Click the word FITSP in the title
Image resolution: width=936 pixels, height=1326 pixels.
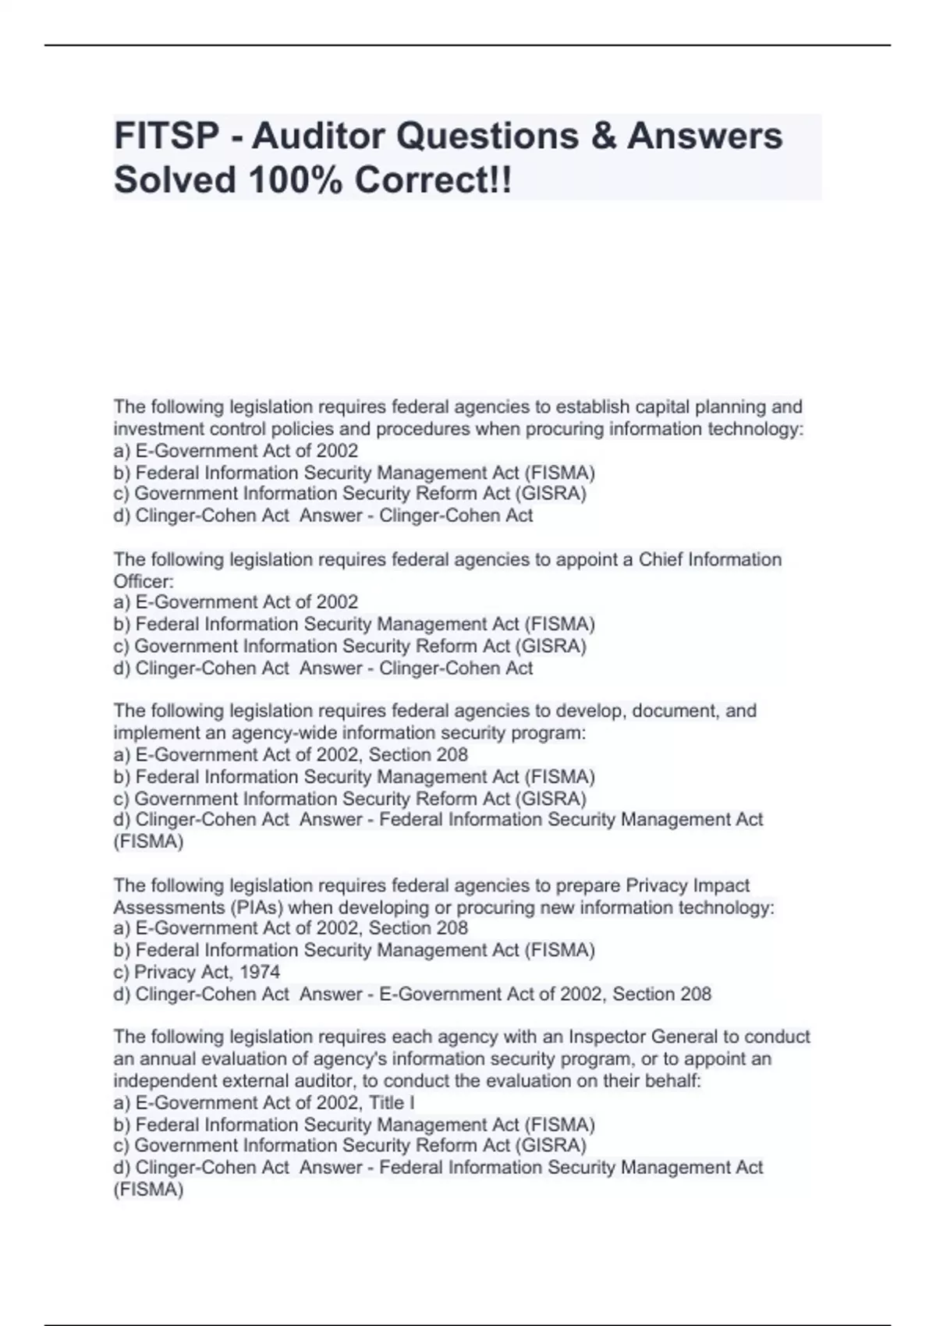click(167, 136)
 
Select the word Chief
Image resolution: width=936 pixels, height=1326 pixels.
click(661, 559)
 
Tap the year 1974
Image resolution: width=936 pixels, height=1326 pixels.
click(260, 972)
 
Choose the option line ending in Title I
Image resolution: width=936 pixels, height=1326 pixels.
click(264, 1102)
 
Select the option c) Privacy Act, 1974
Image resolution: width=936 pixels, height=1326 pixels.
click(197, 972)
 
